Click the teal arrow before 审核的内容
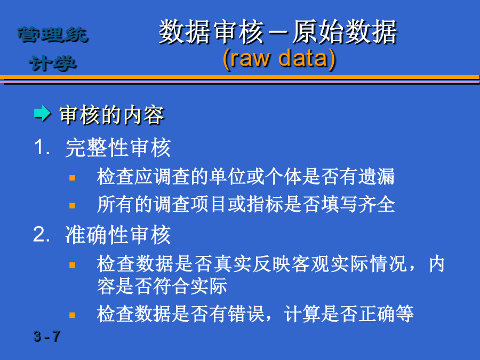coord(42,114)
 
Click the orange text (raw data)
coord(279,59)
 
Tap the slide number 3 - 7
coord(47,337)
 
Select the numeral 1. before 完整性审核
coord(42,147)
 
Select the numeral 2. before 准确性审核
coord(41,234)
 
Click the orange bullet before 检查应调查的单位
coord(72,178)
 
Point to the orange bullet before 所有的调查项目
coord(72,205)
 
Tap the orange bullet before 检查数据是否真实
coord(72,265)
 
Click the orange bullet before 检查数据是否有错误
coord(72,315)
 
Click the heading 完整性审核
coord(118,148)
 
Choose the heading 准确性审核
coord(118,235)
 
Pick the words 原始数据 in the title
coord(345,32)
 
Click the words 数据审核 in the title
coord(212,32)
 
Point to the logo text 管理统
coord(53,34)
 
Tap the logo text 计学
coord(52,63)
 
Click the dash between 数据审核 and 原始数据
coord(278,32)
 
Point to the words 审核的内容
coord(112,115)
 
